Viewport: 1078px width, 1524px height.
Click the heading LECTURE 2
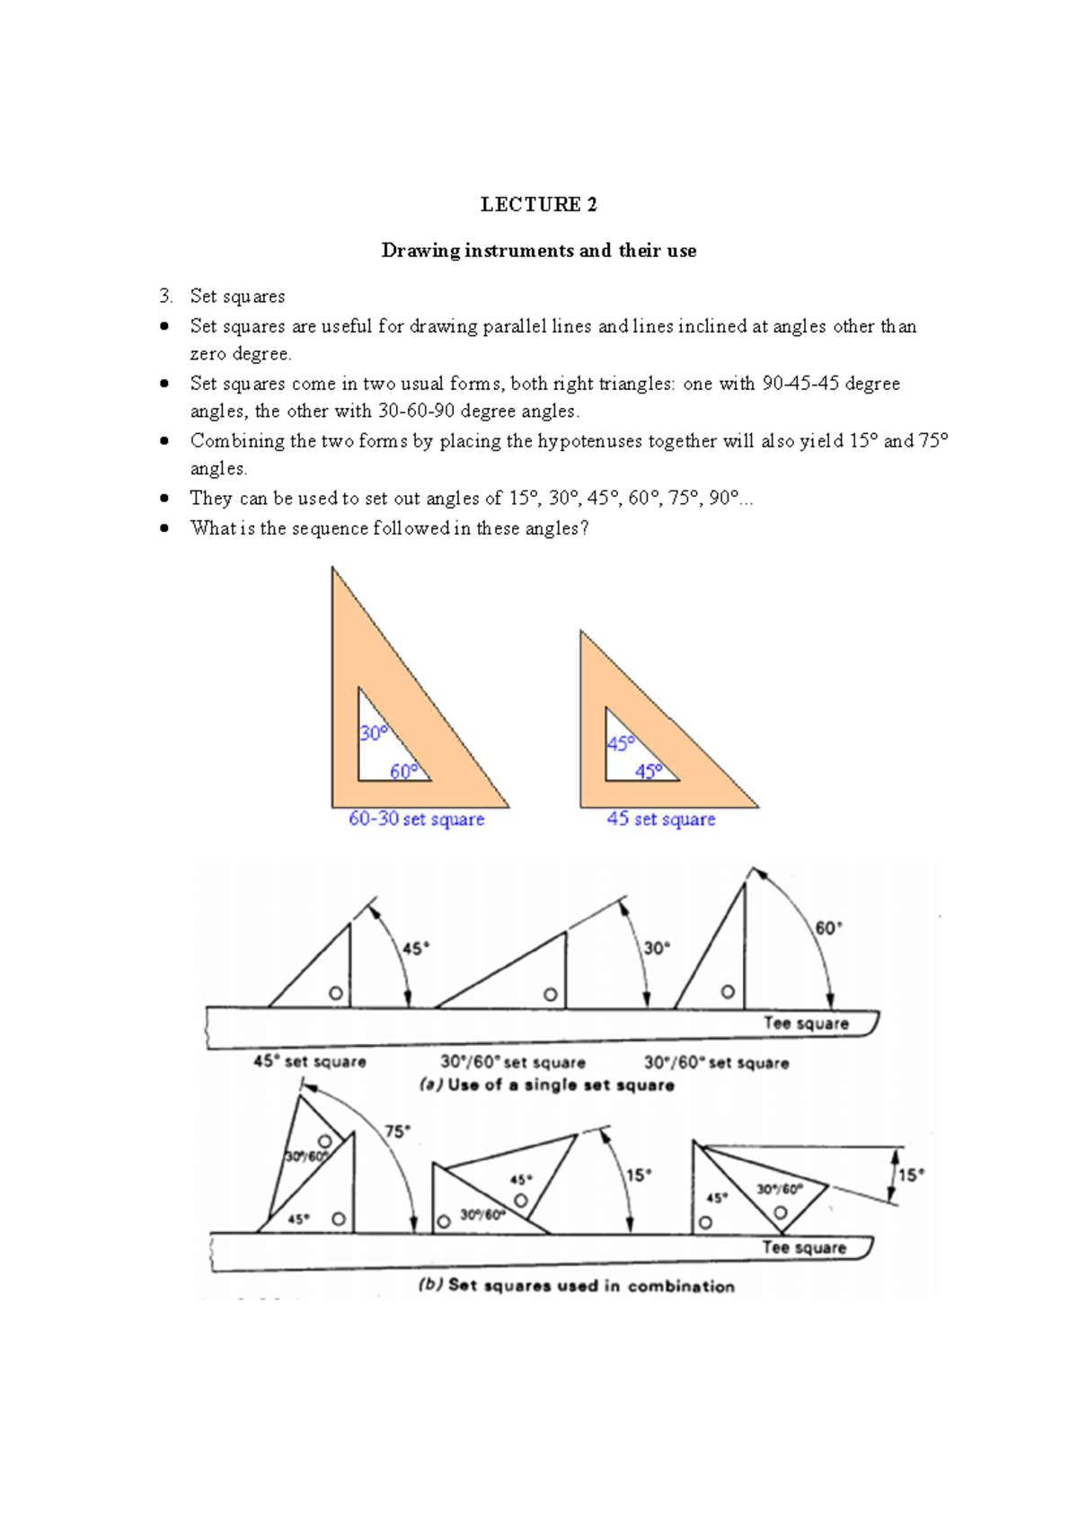pos(538,205)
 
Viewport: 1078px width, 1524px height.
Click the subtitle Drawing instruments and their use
pos(538,251)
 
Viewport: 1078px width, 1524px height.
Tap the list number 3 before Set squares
pos(164,296)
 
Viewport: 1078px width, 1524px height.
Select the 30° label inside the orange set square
pos(373,733)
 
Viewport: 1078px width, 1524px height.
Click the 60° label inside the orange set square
pos(403,771)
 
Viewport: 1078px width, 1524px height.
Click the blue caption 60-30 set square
pos(416,819)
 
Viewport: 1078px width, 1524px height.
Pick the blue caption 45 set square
pos(660,819)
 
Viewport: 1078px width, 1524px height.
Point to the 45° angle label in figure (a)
pos(415,948)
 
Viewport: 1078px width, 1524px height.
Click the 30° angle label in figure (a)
pos(657,948)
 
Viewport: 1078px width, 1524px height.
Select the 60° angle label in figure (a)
pos(828,927)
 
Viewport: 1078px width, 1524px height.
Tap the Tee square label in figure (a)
pos(806,1023)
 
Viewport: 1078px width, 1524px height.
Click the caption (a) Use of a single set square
pos(546,1085)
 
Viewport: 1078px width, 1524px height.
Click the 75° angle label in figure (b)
pos(397,1131)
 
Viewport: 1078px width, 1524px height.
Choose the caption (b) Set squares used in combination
pos(576,1286)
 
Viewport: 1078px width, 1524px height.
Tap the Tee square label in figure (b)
pos(804,1247)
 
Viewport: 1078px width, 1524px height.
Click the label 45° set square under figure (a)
pos(309,1061)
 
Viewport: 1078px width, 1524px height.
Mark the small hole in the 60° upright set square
pos(728,992)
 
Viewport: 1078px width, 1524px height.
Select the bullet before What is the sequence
pos(164,527)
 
